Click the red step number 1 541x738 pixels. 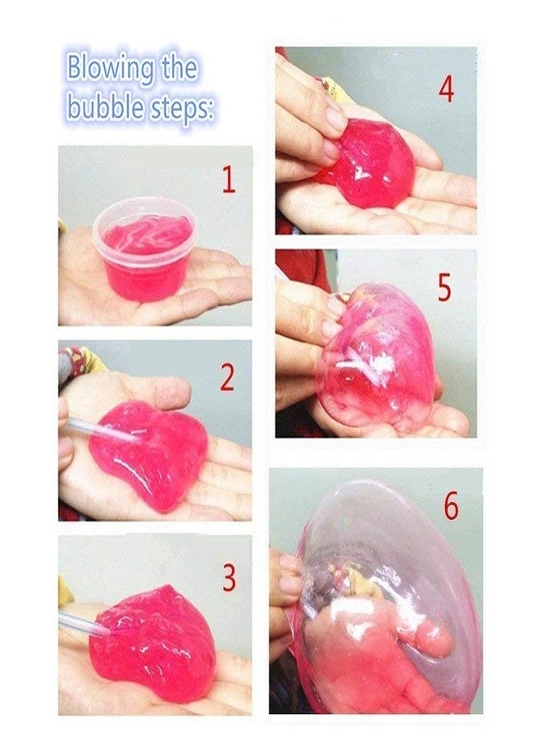coord(229,180)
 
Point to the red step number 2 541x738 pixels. coord(227,376)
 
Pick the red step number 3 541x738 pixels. coord(229,578)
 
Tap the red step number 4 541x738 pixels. coord(446,88)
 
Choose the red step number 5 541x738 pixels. coord(444,288)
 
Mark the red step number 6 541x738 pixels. coord(452,507)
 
